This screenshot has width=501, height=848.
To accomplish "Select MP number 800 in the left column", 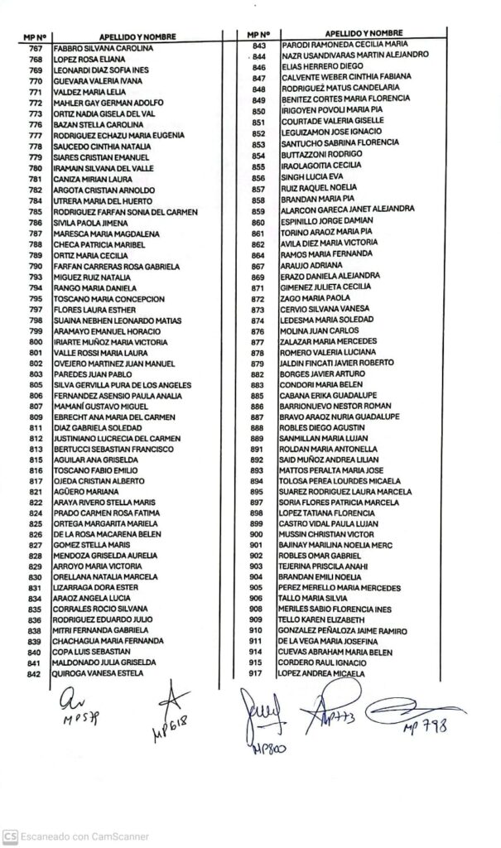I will click(x=36, y=341).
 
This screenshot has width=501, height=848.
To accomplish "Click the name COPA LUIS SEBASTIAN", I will click(x=87, y=652).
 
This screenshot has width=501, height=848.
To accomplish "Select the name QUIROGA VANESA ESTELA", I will click(x=98, y=672).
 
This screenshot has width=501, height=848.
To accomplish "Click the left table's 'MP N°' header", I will click(x=35, y=37).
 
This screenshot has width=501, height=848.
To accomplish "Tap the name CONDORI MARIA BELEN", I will click(x=314, y=384).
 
